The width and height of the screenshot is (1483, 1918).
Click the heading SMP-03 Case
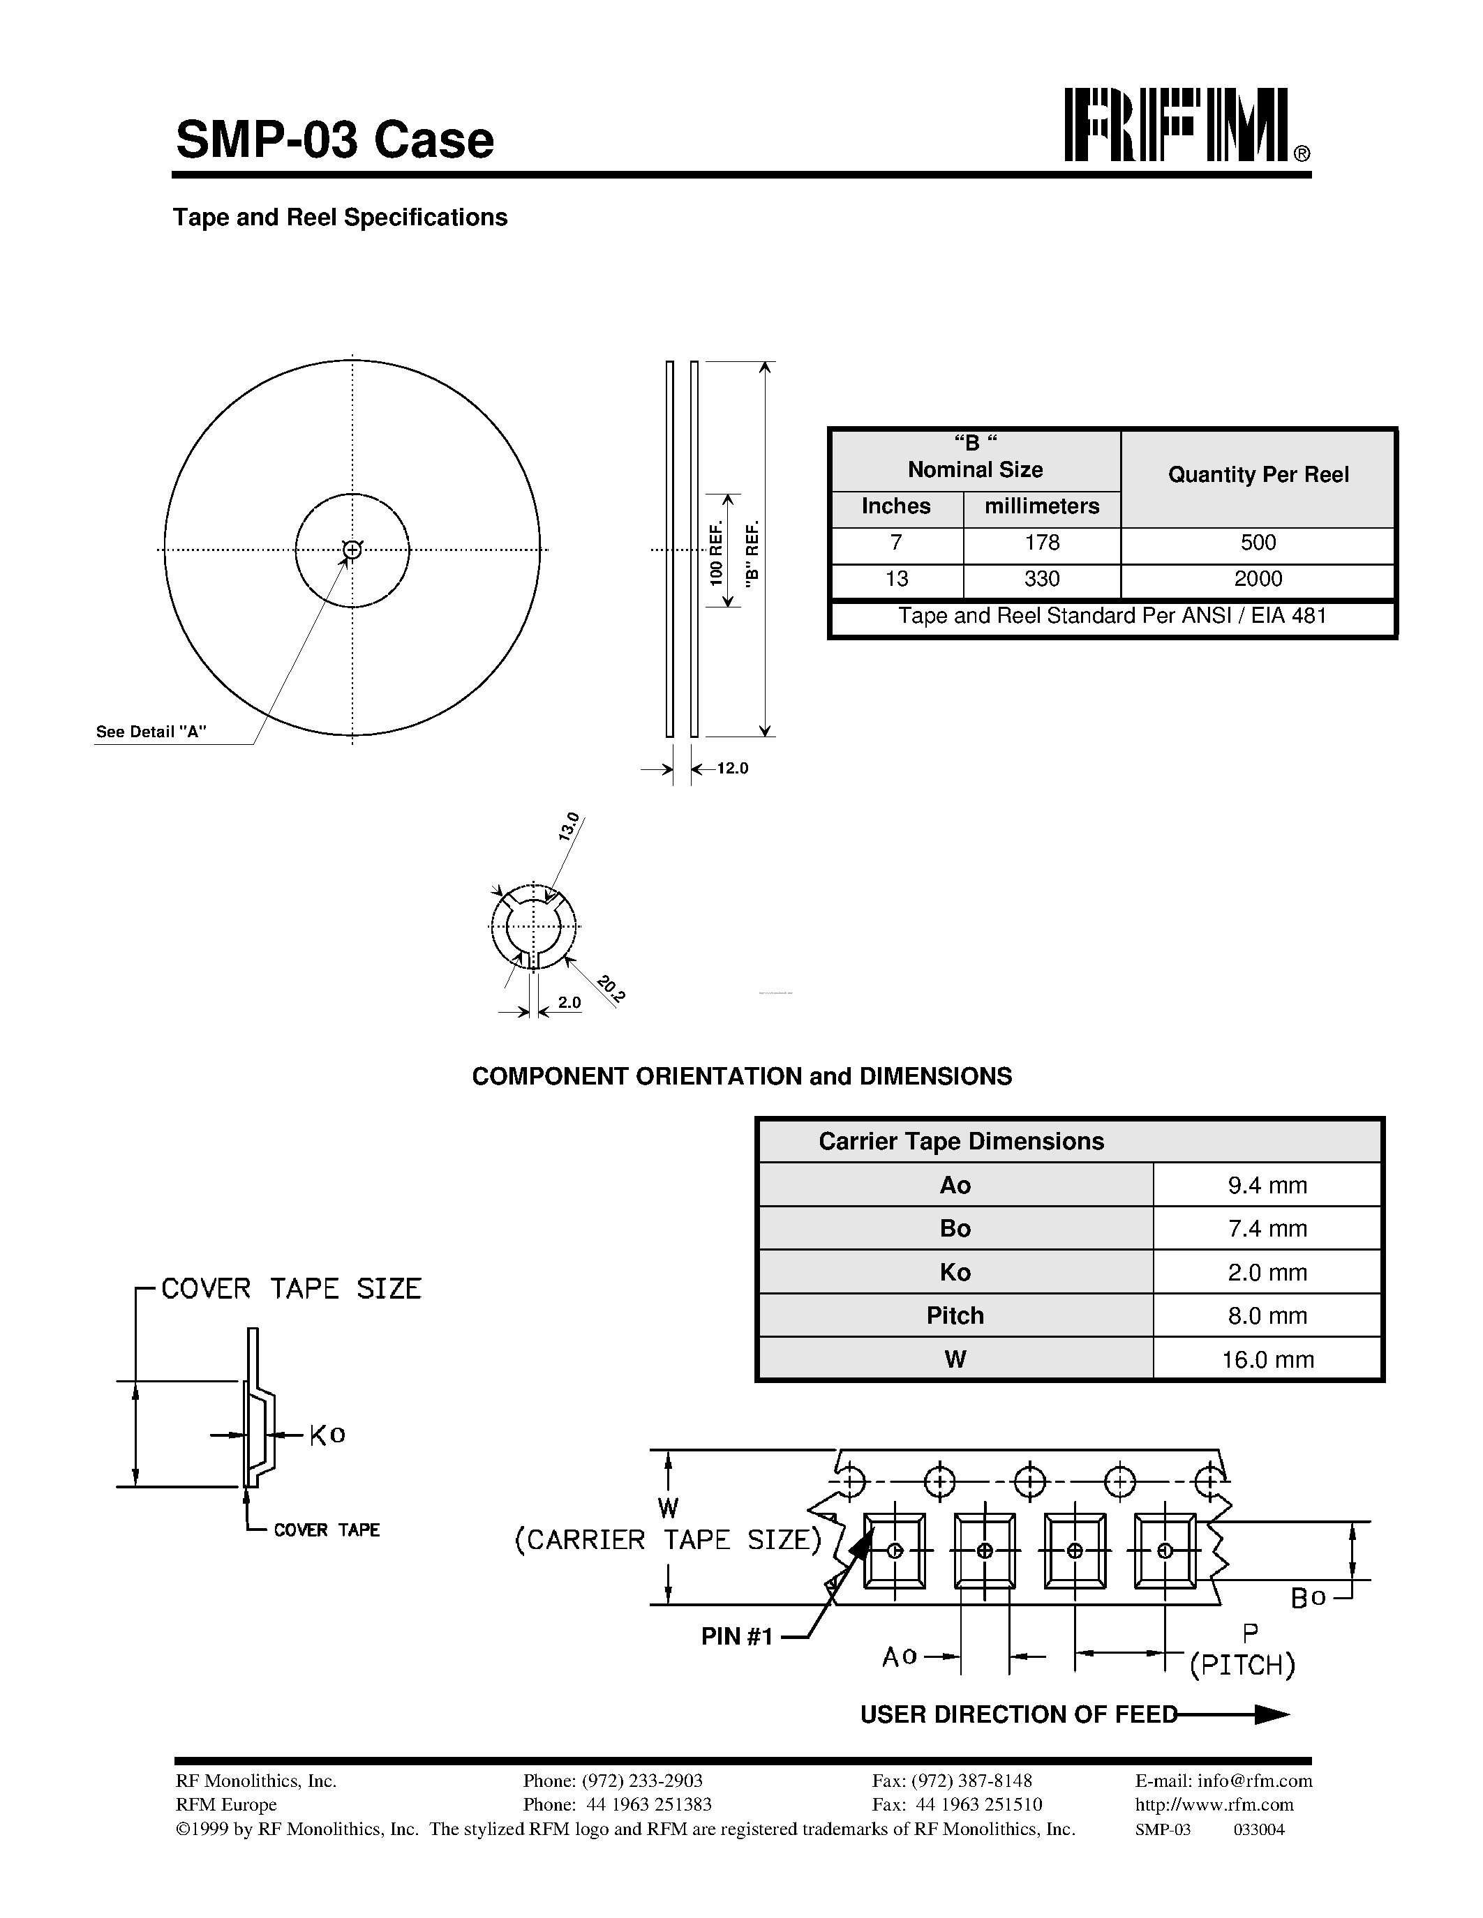(x=335, y=139)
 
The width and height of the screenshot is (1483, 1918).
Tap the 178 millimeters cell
(x=1041, y=543)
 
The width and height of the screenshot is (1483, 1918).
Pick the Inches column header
(x=895, y=507)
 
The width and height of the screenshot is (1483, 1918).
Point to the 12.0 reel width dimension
(x=733, y=769)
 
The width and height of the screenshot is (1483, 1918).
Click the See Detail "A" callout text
(x=151, y=732)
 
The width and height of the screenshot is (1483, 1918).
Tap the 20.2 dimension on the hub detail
(x=611, y=989)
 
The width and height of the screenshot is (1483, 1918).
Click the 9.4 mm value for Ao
(x=1267, y=1186)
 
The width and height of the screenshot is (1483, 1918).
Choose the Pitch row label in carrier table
(x=955, y=1315)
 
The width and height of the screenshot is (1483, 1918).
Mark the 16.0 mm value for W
(x=1267, y=1359)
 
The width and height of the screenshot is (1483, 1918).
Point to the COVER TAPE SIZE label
(x=291, y=1289)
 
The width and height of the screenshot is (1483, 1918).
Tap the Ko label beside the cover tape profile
(x=327, y=1435)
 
